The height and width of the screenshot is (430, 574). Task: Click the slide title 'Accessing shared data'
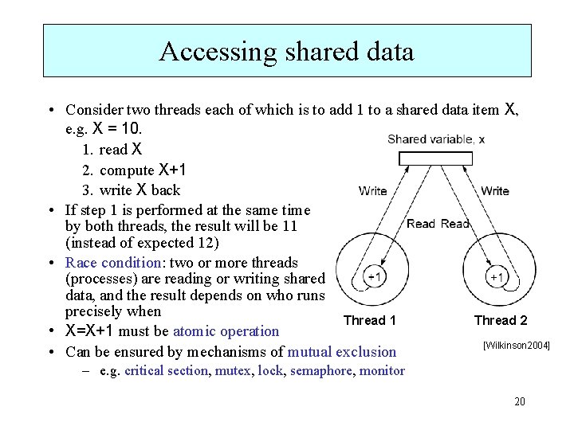287,51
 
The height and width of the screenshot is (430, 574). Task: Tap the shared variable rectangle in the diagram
435,158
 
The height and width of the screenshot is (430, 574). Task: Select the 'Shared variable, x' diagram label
436,139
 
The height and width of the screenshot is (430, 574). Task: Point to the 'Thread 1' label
369,320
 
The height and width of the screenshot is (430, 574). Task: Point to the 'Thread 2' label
501,320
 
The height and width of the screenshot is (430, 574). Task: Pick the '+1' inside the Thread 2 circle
496,277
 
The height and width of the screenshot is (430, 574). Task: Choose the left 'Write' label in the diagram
373,190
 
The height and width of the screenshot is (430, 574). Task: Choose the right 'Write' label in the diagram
495,190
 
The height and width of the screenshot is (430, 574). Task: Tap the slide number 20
520,401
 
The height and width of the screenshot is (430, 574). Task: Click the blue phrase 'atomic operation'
226,331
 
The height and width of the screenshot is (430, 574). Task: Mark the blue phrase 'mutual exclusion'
342,351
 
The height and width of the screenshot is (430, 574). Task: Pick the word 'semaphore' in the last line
322,370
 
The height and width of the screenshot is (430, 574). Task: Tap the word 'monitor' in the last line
383,370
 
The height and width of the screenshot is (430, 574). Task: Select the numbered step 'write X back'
140,190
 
